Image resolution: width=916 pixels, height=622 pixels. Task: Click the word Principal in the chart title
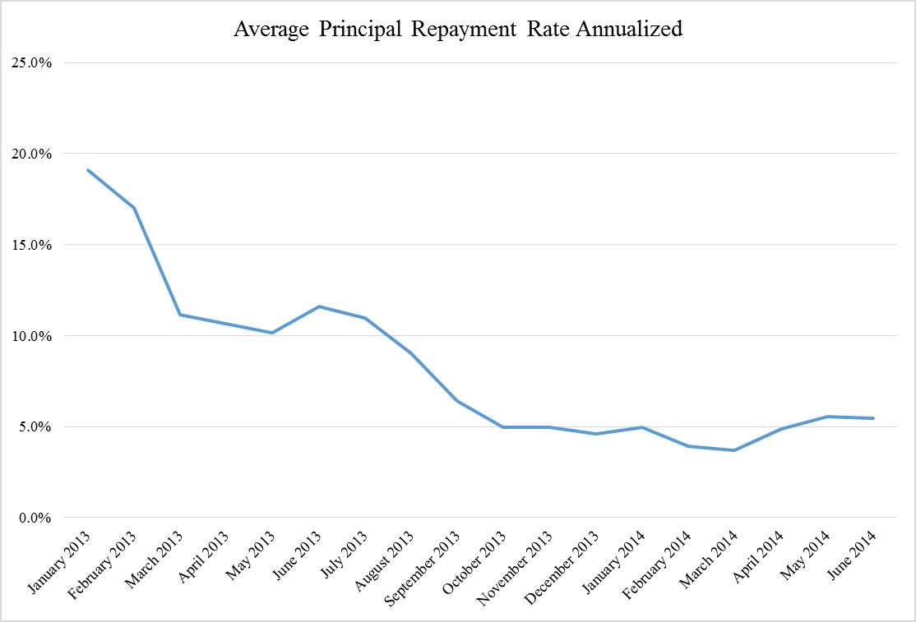(x=360, y=30)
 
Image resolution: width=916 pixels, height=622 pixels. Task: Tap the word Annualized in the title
(x=629, y=28)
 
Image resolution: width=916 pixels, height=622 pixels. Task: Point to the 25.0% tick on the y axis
(x=31, y=63)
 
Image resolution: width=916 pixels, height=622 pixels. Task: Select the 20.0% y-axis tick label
(x=31, y=154)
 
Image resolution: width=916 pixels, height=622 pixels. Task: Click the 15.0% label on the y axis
(x=31, y=245)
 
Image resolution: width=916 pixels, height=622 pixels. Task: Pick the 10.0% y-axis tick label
(x=31, y=336)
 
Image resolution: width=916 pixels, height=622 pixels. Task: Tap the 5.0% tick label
(x=35, y=427)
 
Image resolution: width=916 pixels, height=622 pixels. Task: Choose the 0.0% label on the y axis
(x=35, y=518)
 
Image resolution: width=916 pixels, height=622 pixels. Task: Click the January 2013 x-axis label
(x=59, y=562)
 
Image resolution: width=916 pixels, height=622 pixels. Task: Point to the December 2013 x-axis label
(x=562, y=568)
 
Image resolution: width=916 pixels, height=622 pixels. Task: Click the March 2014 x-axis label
(x=709, y=559)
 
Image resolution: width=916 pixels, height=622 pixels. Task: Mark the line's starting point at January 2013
(x=88, y=170)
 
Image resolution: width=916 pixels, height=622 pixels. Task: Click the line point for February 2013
(x=134, y=208)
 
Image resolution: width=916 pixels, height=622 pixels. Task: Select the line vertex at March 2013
(x=180, y=315)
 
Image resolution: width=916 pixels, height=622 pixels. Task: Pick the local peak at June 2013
(x=319, y=306)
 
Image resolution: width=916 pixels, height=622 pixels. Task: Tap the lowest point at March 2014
(x=734, y=450)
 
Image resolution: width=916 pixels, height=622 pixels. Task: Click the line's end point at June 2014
(x=873, y=418)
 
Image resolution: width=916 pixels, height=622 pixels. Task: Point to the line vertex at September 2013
(x=457, y=402)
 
